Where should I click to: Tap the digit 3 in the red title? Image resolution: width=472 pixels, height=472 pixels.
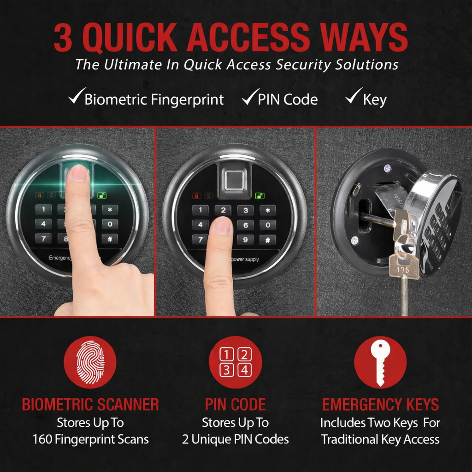coord(63,38)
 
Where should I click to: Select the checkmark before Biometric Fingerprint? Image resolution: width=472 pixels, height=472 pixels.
coord(75,98)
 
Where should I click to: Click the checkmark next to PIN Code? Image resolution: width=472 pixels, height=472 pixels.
coord(249,98)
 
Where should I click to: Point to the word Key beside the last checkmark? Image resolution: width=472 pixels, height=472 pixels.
coord(374,100)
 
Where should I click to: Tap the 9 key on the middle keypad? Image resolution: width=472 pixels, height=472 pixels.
coord(245,240)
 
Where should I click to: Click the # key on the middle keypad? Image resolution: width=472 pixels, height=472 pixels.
coord(267,240)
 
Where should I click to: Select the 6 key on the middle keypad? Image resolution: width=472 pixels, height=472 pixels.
coord(245,225)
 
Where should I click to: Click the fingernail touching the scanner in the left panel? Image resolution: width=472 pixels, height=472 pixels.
coord(79,172)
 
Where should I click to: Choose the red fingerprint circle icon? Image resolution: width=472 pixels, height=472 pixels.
coord(90,362)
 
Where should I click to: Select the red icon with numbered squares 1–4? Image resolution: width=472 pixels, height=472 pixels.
coord(235,362)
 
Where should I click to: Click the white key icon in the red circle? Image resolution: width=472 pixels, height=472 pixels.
coord(380,362)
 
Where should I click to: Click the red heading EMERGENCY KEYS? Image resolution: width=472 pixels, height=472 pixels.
coord(380,405)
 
